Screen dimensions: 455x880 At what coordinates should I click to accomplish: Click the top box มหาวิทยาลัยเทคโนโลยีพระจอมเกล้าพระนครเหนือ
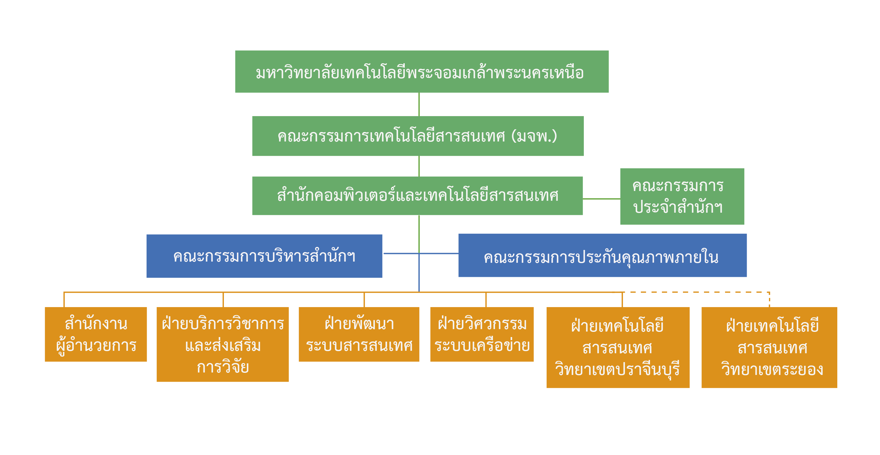(x=422, y=72)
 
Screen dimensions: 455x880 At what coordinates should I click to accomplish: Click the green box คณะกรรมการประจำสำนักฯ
(x=682, y=196)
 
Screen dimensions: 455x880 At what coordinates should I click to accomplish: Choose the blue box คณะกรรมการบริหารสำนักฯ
(x=264, y=255)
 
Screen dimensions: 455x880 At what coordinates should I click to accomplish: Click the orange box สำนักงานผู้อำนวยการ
(x=96, y=334)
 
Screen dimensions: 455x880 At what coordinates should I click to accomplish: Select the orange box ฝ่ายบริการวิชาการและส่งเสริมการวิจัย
(x=222, y=344)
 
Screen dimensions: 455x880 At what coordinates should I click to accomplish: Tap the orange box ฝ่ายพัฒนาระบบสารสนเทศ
(x=359, y=334)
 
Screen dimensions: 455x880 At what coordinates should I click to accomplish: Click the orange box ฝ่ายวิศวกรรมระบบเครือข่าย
(x=482, y=334)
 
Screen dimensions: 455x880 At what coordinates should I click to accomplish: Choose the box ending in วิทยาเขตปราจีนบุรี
(x=618, y=347)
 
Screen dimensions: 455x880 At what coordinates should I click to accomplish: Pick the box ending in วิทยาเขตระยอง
(x=769, y=347)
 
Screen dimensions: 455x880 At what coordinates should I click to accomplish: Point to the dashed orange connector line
(x=697, y=292)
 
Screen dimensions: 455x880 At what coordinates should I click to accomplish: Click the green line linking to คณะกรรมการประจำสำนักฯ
(x=601, y=198)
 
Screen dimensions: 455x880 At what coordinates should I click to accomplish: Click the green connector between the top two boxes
(x=419, y=104)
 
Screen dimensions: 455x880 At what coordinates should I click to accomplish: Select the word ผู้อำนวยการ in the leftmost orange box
(x=96, y=346)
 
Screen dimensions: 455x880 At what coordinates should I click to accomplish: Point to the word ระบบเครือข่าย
(x=482, y=346)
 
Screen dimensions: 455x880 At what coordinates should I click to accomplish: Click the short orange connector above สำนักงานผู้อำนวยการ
(x=64, y=300)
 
